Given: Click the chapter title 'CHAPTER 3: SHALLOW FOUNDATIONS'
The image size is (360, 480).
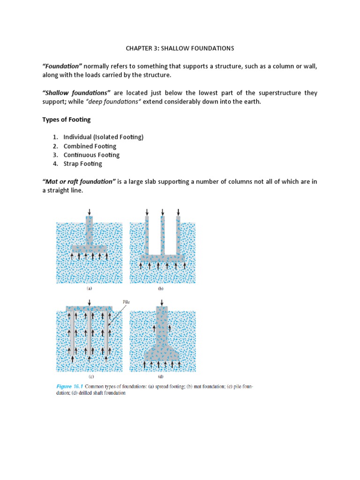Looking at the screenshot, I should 180,48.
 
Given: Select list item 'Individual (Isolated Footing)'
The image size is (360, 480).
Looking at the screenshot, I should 103,137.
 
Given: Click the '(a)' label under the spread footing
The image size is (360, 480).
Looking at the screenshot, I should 89,289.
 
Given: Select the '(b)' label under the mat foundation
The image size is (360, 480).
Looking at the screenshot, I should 160,289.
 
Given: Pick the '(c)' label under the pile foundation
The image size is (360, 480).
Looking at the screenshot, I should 89,376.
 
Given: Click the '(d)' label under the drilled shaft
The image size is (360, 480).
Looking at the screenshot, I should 160,376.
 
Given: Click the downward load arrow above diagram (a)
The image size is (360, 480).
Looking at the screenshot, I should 90,212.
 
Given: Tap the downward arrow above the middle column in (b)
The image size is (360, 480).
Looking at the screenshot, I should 162,212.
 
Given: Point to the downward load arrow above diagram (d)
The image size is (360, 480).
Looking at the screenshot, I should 162,302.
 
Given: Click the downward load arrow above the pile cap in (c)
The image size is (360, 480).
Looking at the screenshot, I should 90,302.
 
